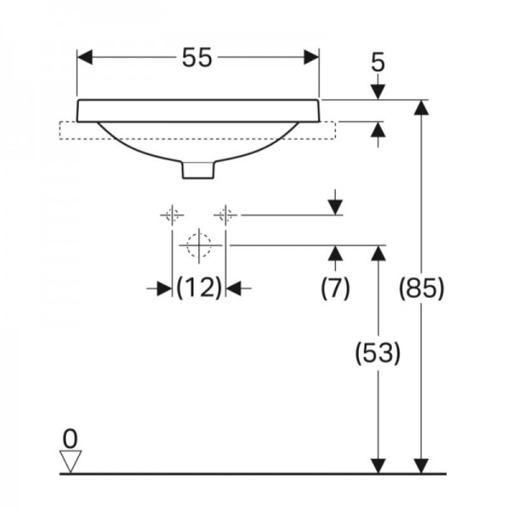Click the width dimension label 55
197,58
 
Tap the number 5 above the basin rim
378,62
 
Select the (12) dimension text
199,288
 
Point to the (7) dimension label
335,288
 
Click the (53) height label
378,353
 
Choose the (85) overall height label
421,288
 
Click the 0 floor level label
70,439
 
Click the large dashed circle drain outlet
199,245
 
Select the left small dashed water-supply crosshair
172,215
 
